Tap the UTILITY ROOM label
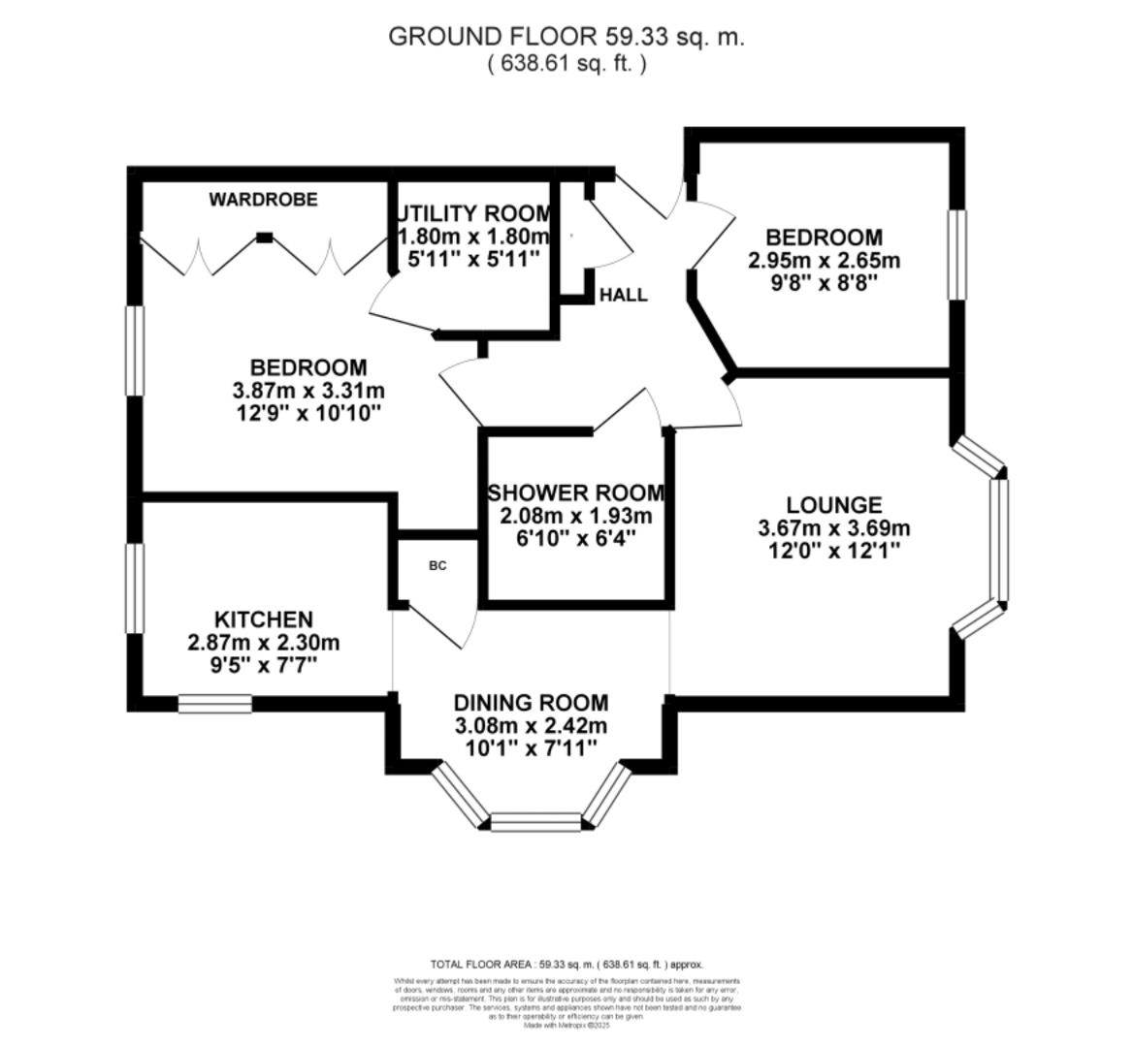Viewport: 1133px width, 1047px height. click(472, 213)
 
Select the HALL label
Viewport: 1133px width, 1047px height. click(623, 295)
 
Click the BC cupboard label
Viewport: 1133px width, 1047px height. click(437, 565)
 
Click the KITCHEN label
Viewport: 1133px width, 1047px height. click(263, 619)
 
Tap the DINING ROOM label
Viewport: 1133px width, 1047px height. click(532, 702)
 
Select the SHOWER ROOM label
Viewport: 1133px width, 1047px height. click(576, 492)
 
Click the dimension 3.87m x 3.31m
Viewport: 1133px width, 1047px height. click(308, 391)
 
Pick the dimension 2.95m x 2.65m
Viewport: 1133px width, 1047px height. click(824, 261)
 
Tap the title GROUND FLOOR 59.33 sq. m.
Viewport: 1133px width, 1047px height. click(566, 37)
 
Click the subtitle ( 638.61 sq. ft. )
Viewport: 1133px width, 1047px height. click(566, 64)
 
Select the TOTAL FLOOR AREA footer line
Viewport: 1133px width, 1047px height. click(566, 965)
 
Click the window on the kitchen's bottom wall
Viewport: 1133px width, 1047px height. click(214, 703)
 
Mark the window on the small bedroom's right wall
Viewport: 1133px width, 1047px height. click(956, 255)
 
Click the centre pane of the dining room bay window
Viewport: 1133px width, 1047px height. click(535, 823)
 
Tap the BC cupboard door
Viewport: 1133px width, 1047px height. click(438, 626)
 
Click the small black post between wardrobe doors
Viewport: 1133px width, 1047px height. click(264, 236)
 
